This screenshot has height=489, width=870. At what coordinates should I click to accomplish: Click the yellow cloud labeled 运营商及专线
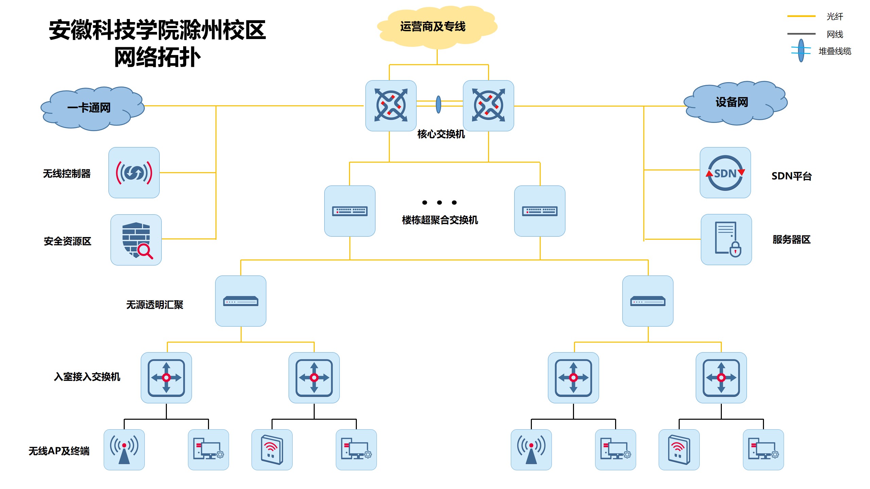(437, 26)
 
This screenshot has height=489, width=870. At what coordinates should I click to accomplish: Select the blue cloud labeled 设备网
(734, 102)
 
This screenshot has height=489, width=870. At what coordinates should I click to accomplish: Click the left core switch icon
(391, 106)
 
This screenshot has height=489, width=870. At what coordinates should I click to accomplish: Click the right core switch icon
(488, 106)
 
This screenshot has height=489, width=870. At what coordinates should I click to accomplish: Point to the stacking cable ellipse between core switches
(438, 104)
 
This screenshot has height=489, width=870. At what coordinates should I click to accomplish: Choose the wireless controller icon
(134, 173)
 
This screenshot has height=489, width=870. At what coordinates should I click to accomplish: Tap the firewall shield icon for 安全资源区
(136, 240)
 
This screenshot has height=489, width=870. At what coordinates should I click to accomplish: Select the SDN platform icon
(725, 173)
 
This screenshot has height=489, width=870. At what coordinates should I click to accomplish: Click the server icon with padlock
(726, 239)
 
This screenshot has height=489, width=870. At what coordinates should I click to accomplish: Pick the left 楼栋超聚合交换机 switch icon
(350, 211)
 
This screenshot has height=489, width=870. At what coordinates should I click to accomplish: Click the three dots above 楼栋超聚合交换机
(439, 202)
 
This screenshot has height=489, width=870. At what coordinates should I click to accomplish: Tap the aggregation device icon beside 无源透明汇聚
(241, 301)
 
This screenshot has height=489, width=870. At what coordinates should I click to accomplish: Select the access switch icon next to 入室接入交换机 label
(166, 378)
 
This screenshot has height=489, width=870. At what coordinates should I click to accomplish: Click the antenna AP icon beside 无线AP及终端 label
(124, 450)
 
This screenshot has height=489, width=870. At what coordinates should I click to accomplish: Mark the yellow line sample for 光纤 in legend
(801, 16)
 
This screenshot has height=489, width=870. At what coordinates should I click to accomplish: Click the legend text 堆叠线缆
(835, 51)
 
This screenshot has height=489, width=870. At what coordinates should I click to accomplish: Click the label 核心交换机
(441, 134)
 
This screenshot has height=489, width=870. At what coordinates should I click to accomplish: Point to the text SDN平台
(791, 176)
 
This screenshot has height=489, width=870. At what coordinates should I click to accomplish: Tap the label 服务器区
(791, 239)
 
